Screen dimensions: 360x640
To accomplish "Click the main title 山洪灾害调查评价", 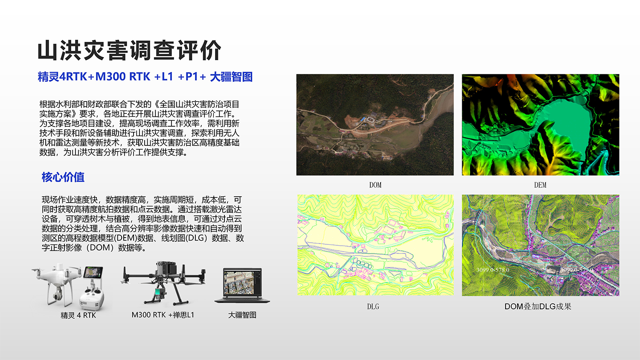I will pos(129,50).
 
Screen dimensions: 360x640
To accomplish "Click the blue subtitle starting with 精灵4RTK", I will pos(145,77).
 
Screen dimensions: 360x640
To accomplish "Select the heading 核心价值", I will pos(63,177).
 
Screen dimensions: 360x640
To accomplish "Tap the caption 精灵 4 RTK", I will pos(78,315).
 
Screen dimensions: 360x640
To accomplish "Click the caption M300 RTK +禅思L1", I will pos(163,315).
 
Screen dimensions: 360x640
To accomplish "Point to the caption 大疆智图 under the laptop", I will pos(242,315).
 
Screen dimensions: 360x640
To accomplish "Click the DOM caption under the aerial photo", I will pos(375,185).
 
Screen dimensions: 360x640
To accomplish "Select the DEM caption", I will pos(540,185).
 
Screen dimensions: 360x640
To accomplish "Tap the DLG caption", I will pos(373,306).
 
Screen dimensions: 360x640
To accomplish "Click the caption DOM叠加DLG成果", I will pos(538,306).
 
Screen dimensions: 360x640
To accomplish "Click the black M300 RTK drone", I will pos(163,279).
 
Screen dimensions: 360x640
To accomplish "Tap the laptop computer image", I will pos(242,286).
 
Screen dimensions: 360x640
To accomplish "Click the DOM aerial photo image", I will pos(375,125).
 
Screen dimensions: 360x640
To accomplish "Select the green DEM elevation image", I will pos(540,125).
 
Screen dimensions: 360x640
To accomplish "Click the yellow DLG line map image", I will pos(375,245).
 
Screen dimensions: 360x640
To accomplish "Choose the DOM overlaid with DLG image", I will pos(540,245).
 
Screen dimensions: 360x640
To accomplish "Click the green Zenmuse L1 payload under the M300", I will pos(158,293).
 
